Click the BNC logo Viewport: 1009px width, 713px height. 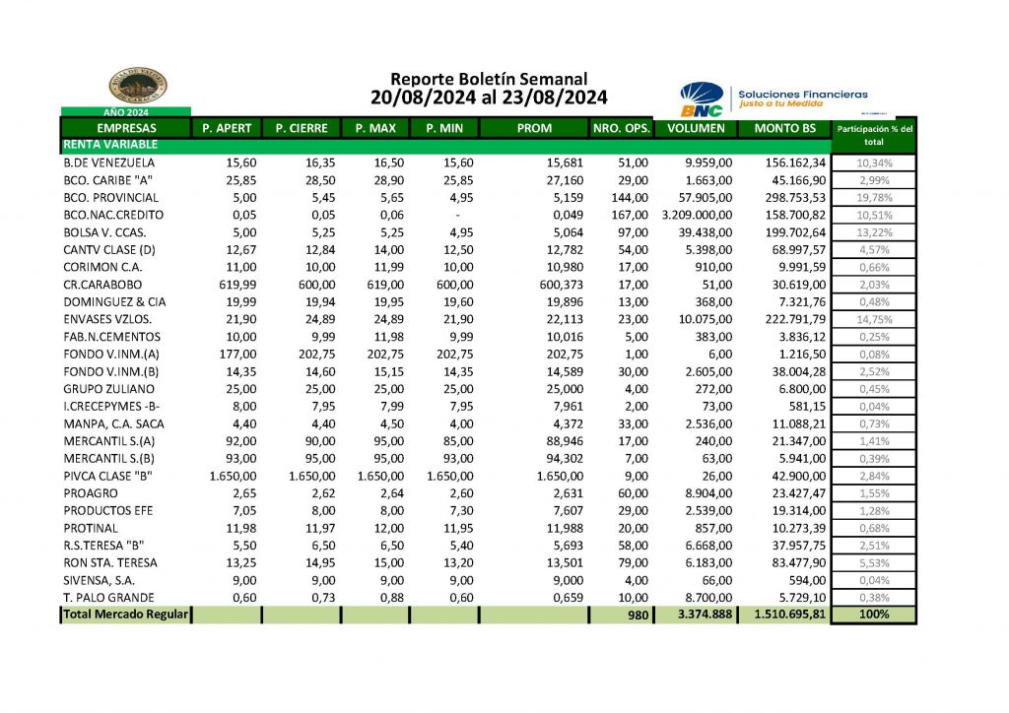click(701, 97)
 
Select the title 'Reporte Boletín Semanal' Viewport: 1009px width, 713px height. click(489, 79)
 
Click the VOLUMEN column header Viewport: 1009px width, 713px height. click(696, 128)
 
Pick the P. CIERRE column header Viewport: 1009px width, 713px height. click(301, 128)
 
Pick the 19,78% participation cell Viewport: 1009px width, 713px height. click(874, 196)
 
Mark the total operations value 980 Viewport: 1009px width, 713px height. click(638, 615)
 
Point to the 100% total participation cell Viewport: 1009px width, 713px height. click(874, 615)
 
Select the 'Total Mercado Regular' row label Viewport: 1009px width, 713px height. click(125, 615)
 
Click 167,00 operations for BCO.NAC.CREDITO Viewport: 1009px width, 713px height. click(629, 214)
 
